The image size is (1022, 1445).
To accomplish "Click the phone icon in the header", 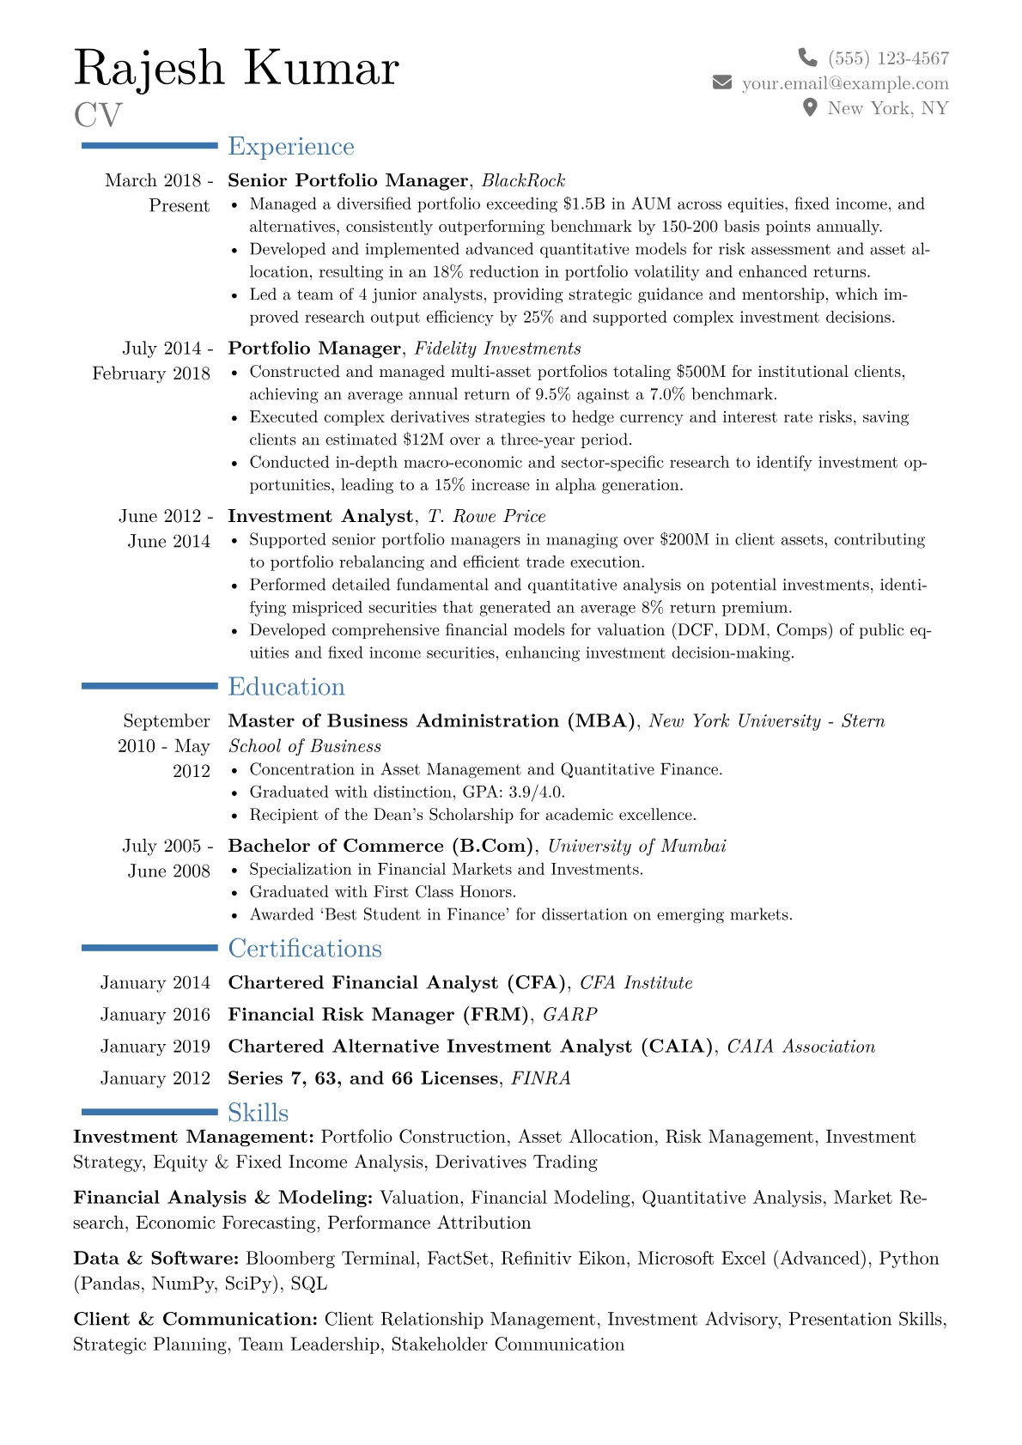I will [807, 58].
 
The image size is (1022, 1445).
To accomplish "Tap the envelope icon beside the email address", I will [722, 82].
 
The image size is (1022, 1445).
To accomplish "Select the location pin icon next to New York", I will [809, 107].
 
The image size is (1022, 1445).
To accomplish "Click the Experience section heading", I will [290, 147].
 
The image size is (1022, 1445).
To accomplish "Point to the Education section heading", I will [286, 687].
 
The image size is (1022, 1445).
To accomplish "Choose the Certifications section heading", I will [304, 949].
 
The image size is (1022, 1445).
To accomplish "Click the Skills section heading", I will [258, 1113].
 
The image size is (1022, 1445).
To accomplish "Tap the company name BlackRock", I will [523, 180].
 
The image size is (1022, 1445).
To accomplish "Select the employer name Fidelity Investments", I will [497, 349].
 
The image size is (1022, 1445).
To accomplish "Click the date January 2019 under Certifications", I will [155, 1047].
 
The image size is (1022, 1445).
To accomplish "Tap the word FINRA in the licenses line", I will [541, 1078].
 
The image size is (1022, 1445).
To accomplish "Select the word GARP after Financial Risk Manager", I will [570, 1015].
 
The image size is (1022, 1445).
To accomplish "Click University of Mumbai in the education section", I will [637, 847].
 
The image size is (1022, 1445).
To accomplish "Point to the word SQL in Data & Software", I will [309, 1284].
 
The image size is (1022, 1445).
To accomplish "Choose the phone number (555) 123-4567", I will [888, 58].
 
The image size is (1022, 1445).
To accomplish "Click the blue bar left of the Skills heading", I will [149, 1112].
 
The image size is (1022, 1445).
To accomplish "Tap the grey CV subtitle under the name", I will [98, 115].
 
